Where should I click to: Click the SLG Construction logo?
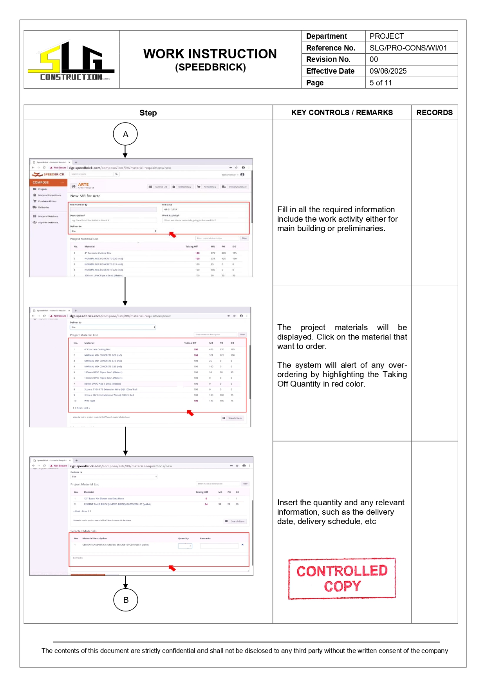(71, 60)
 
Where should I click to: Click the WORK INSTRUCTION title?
(210, 54)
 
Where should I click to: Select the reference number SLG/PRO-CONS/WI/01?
(408, 48)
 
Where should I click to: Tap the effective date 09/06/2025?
(388, 71)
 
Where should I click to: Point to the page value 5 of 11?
(380, 83)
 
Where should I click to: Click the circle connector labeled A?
(125, 134)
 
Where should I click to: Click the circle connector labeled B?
(126, 600)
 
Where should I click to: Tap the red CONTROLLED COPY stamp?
(342, 579)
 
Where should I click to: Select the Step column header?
(148, 113)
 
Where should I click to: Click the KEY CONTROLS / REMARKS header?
(342, 112)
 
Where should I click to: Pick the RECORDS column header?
(434, 112)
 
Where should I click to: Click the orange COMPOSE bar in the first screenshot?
(48, 183)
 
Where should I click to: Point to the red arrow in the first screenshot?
(173, 235)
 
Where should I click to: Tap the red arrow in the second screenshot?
(190, 413)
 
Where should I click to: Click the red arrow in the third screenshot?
(172, 568)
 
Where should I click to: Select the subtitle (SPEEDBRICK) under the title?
(210, 67)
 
